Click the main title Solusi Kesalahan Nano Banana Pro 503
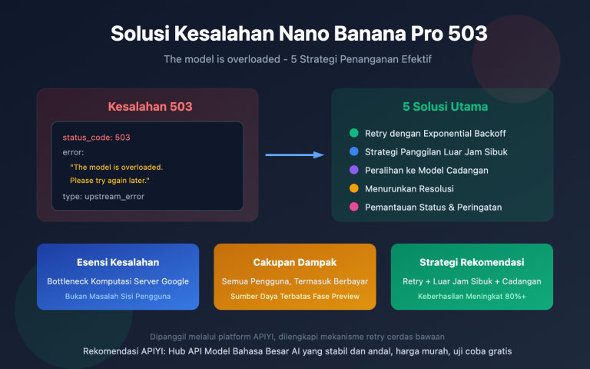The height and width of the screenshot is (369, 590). (x=298, y=34)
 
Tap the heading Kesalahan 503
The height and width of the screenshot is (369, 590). (x=150, y=107)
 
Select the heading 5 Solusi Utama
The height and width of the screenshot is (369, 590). (x=442, y=107)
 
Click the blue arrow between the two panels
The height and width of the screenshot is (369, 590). (x=295, y=155)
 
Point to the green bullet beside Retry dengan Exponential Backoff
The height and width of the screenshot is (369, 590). (x=353, y=134)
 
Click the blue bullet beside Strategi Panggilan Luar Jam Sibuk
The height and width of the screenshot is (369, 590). (x=353, y=152)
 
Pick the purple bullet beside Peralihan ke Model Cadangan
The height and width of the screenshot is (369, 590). (x=353, y=171)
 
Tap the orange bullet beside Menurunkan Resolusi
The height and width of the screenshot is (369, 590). (x=353, y=189)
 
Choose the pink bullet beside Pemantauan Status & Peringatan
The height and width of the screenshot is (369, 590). (x=353, y=208)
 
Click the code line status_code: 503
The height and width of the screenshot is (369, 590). (x=97, y=138)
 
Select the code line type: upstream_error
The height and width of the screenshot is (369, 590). (x=104, y=197)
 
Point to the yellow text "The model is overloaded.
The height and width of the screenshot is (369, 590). (x=116, y=167)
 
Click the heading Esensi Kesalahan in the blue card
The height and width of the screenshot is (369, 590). (x=118, y=262)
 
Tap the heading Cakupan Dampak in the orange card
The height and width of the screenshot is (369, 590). (x=295, y=262)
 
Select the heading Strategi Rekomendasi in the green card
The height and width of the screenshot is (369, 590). (x=472, y=262)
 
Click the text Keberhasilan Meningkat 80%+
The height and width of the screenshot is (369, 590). (x=472, y=296)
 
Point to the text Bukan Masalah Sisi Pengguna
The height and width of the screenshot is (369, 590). (x=118, y=296)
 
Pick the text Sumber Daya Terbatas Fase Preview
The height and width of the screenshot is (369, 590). (x=295, y=296)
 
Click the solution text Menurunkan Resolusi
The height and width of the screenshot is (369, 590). (x=407, y=189)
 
